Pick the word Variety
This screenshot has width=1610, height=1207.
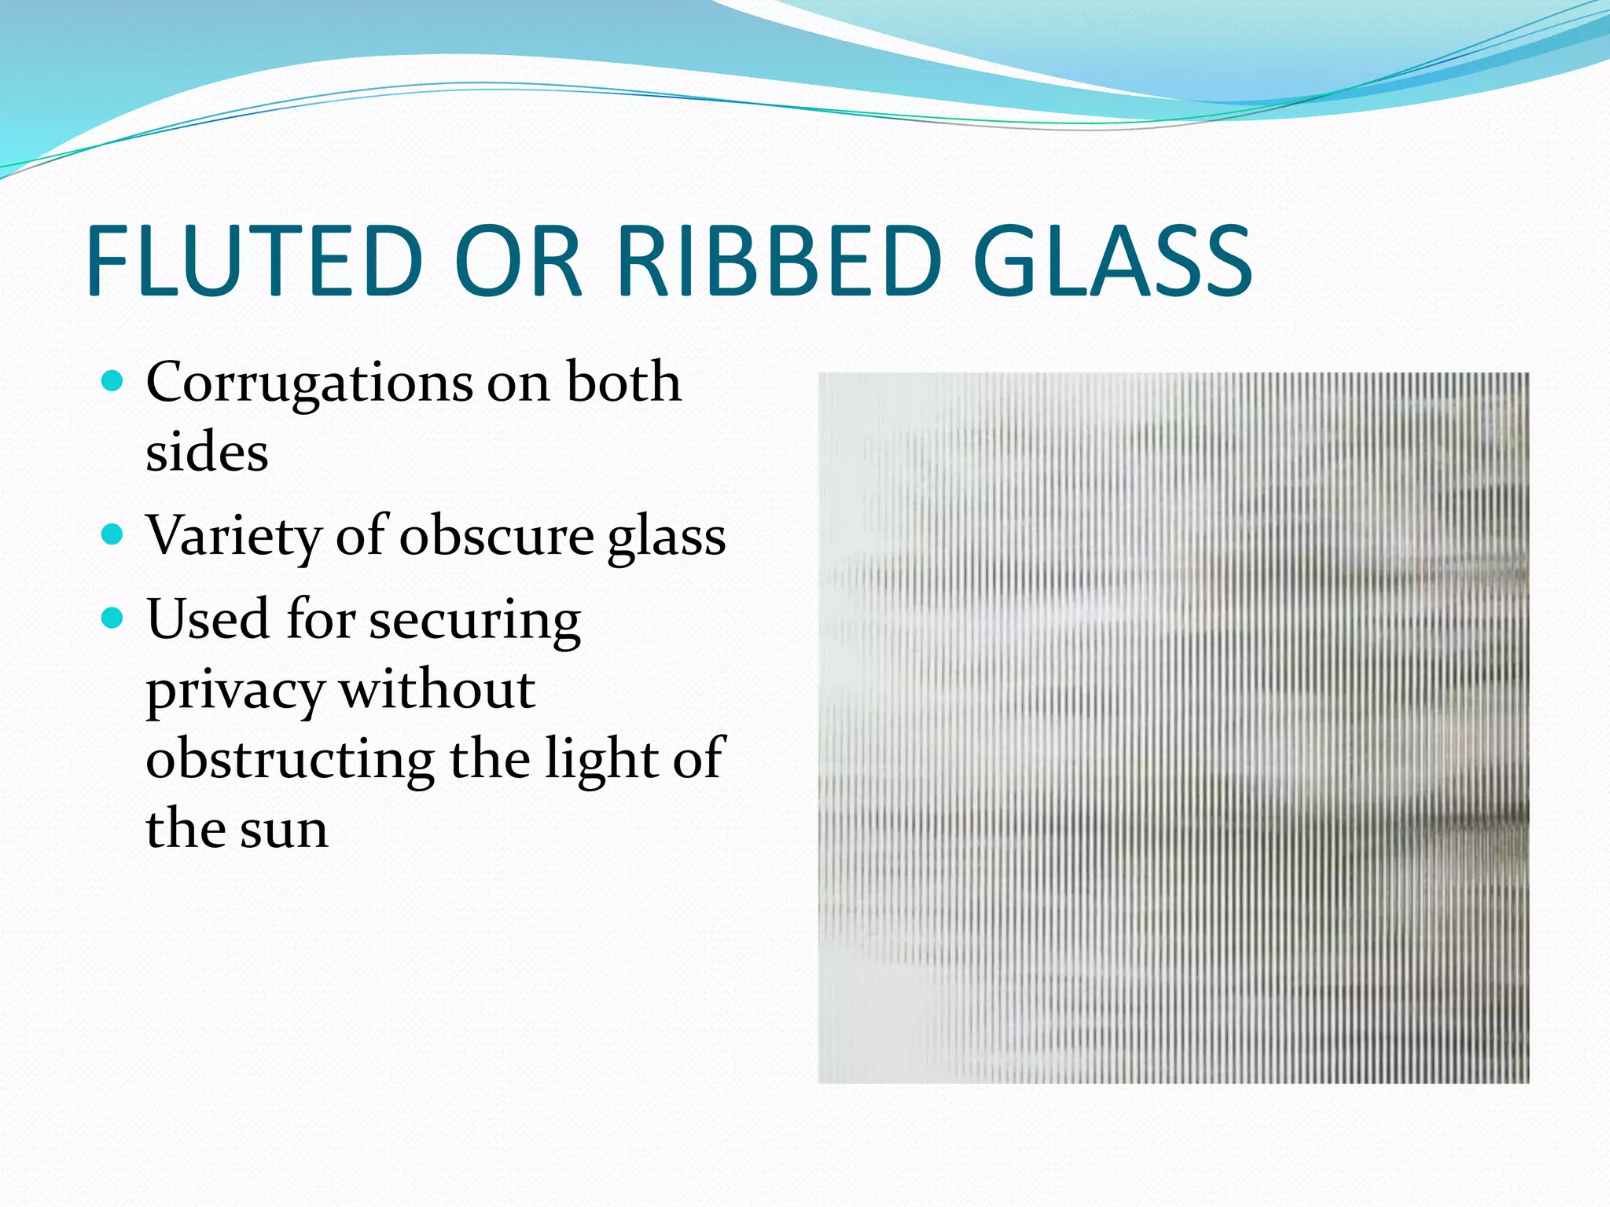[x=233, y=536]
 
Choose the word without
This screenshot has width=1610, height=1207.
[x=437, y=689]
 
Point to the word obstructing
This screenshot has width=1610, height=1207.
[x=289, y=760]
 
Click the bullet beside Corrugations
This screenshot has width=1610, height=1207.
[x=113, y=382]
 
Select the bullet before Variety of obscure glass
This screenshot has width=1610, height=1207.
[x=113, y=535]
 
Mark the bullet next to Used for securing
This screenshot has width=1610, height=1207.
[x=113, y=618]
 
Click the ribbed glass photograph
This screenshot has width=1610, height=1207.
[x=1174, y=728]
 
